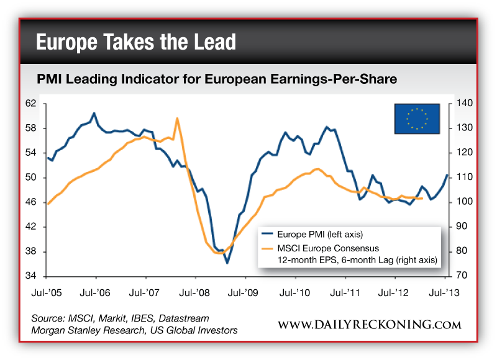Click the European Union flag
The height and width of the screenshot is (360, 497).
(417, 118)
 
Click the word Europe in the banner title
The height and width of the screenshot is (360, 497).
(68, 42)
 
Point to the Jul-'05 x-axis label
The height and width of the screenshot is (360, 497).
(47, 291)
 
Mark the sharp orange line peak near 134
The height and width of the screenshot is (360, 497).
(177, 118)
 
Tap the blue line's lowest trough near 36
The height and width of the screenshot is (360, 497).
(227, 263)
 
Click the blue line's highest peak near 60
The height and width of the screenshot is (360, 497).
(94, 114)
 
